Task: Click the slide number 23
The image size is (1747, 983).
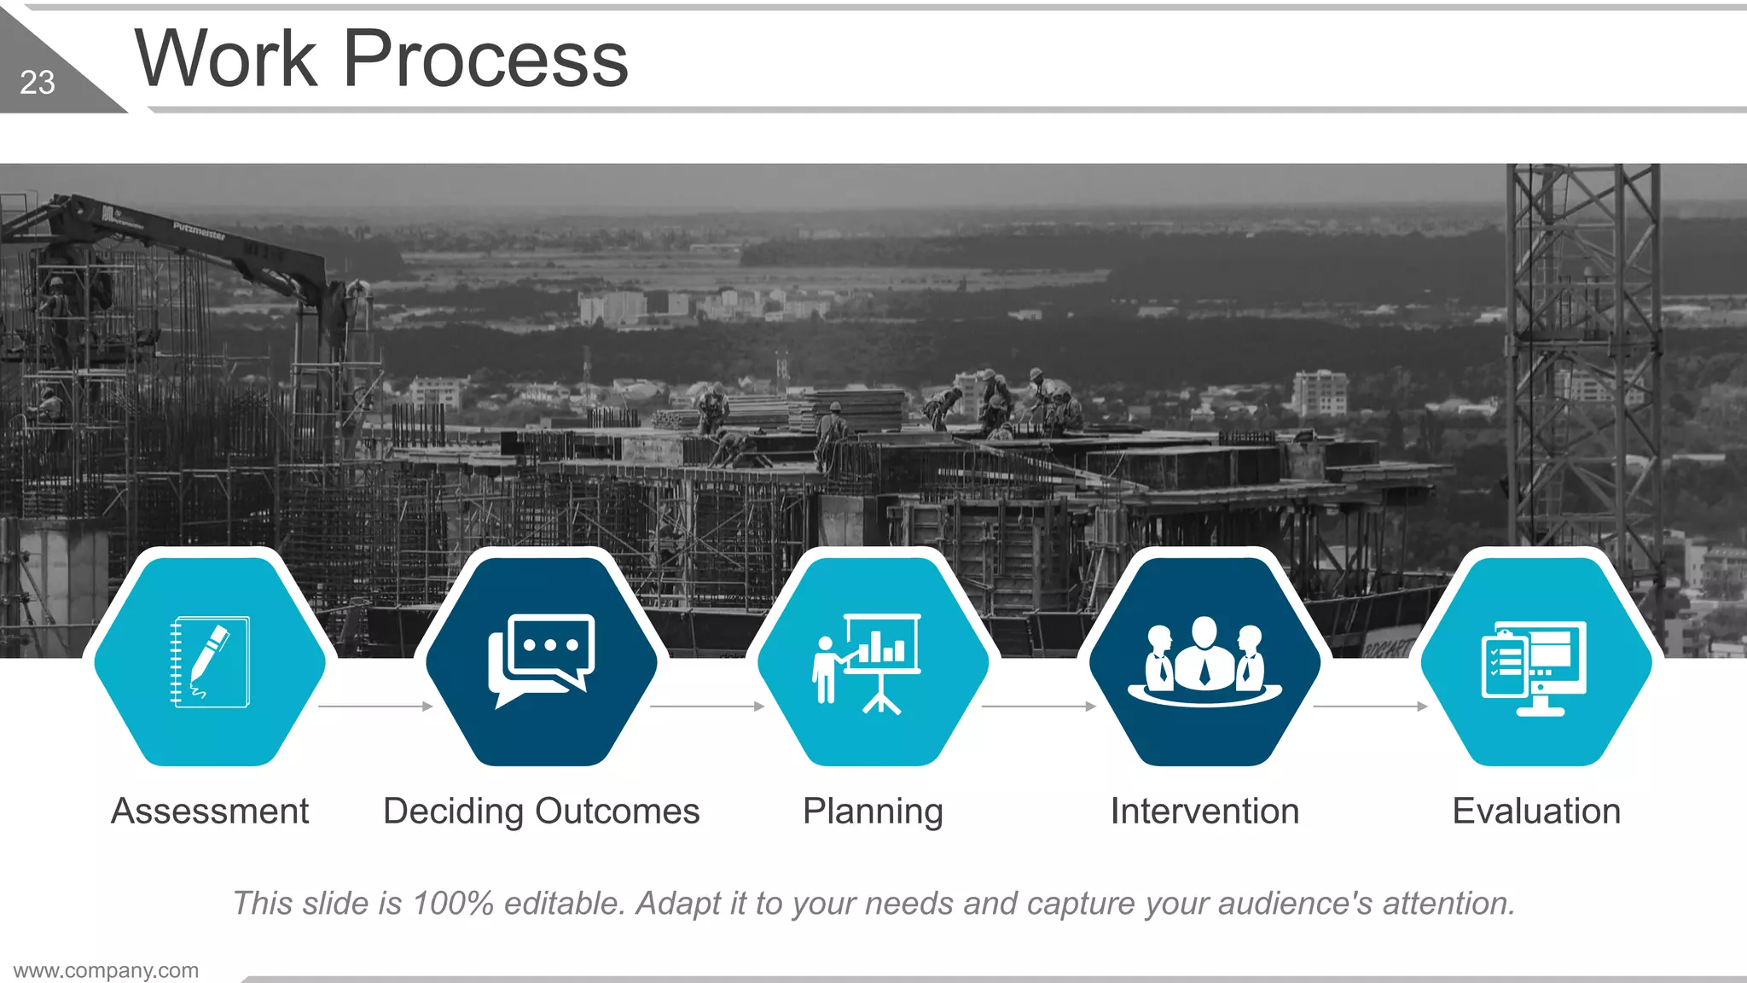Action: point(38,83)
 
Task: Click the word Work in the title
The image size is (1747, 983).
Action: point(226,59)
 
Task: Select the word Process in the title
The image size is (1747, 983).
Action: point(485,59)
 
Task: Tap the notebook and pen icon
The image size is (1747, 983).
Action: point(210,662)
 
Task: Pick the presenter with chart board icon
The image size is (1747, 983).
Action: point(868,662)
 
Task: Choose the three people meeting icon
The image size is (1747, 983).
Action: point(1204,662)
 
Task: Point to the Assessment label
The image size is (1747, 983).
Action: point(210,811)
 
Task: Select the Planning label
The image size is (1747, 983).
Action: point(873,811)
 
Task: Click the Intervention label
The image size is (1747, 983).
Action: point(1204,811)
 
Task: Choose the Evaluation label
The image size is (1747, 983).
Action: point(1536,811)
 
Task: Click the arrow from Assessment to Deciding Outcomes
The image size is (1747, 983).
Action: point(375,707)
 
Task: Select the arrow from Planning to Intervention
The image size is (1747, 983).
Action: point(1038,707)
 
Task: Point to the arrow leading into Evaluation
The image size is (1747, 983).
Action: point(1370,707)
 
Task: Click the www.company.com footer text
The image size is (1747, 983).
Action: point(106,970)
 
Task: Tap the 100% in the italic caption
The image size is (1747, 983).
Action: point(452,903)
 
